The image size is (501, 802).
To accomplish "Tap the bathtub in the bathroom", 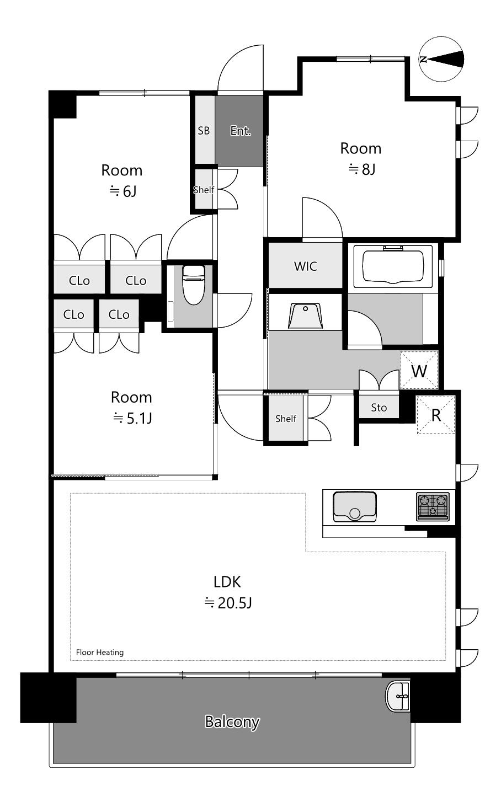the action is [393, 266].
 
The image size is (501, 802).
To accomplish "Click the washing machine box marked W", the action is [419, 370].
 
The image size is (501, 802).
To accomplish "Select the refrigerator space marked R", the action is [436, 415].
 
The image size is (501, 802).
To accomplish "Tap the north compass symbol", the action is [441, 59].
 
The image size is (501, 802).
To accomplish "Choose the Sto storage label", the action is [379, 408].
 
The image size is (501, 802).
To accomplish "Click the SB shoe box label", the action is [204, 131].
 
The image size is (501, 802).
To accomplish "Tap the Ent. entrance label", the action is [241, 131].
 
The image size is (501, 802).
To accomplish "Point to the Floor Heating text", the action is [99, 653].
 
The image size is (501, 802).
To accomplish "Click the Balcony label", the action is [232, 721].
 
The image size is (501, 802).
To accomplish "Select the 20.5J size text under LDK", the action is [228, 603].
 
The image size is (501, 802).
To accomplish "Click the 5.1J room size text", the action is [132, 418].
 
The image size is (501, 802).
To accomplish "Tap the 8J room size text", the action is [362, 169].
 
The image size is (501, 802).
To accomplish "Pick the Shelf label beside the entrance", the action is [204, 189].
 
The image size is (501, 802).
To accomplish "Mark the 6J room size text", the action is [123, 191].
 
